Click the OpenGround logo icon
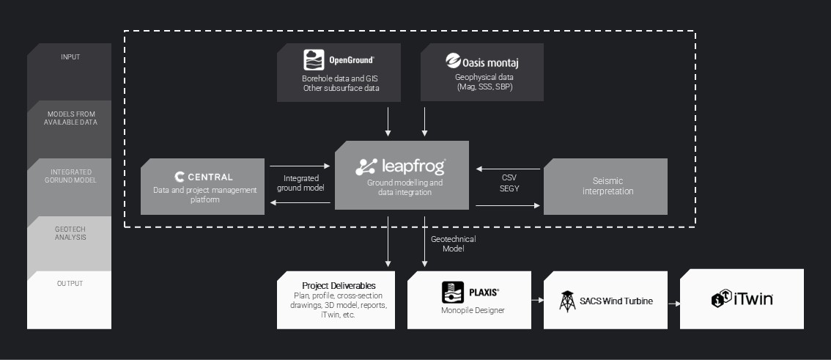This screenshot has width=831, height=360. (314, 59)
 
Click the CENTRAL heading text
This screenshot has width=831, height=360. (210, 177)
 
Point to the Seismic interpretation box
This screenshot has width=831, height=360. (605, 185)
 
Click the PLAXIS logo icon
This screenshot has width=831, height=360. (453, 292)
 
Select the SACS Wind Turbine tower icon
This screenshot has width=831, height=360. (566, 301)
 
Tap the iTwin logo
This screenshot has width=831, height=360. (742, 298)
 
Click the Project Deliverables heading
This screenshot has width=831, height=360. (339, 285)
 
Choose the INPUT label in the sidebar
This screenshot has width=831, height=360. (70, 56)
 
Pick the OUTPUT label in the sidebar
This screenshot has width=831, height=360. (70, 283)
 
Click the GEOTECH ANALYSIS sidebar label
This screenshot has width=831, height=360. (70, 233)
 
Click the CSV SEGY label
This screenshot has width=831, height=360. (509, 182)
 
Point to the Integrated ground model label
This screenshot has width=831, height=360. (300, 183)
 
